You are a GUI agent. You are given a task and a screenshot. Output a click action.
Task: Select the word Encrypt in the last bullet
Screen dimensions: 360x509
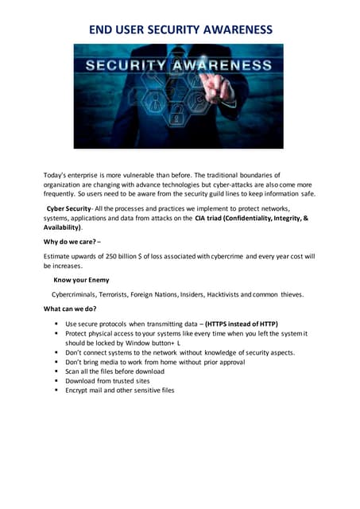[x=79, y=390]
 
